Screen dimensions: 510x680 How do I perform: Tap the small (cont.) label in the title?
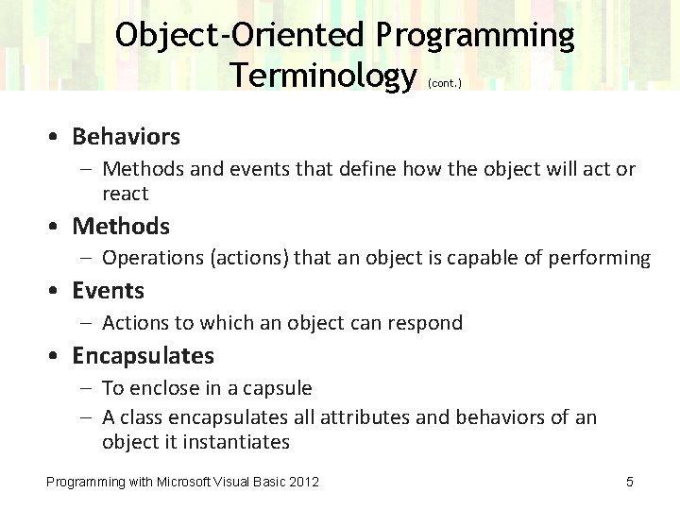pyautogui.click(x=444, y=82)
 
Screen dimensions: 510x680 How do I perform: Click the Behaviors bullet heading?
pyautogui.click(x=126, y=137)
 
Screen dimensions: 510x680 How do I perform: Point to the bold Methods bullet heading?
pyautogui.click(x=121, y=227)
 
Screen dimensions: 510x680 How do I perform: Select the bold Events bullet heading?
pyautogui.click(x=108, y=291)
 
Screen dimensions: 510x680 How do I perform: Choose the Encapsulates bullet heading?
pyautogui.click(x=143, y=356)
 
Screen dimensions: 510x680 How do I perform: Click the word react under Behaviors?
pyautogui.click(x=125, y=194)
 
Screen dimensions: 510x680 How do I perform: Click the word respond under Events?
pyautogui.click(x=424, y=323)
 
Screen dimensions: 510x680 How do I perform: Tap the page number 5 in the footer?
pyautogui.click(x=630, y=483)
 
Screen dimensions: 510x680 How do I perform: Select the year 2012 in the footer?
pyautogui.click(x=303, y=483)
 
